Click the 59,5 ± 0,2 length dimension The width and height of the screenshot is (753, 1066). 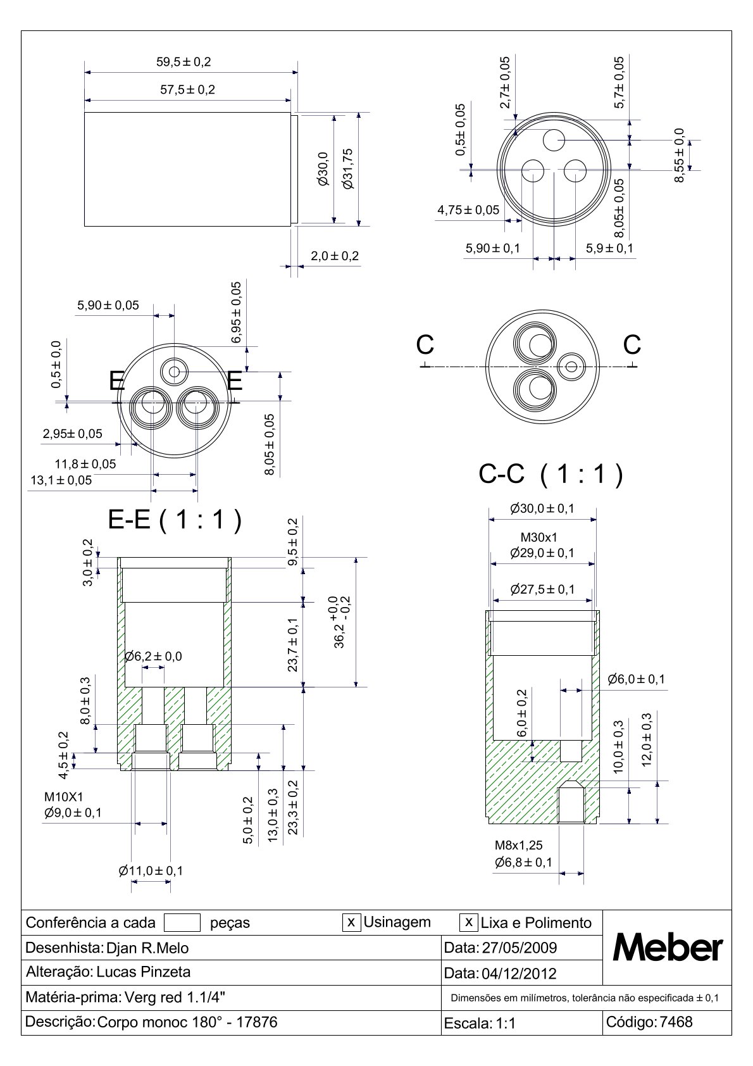pyautogui.click(x=184, y=62)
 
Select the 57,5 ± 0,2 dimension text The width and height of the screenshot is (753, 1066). pyautogui.click(x=187, y=90)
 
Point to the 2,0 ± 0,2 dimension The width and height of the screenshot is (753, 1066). pyautogui.click(x=335, y=256)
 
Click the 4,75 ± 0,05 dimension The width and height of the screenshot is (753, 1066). pyautogui.click(x=468, y=210)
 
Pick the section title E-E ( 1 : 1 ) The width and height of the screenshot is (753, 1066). pyautogui.click(x=175, y=520)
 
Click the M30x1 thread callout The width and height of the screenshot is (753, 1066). pyautogui.click(x=538, y=537)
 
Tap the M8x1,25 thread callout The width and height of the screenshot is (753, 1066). pyautogui.click(x=518, y=845)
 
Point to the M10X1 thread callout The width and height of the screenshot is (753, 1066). pyautogui.click(x=64, y=796)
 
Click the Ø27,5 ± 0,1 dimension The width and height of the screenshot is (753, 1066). pyautogui.click(x=542, y=589)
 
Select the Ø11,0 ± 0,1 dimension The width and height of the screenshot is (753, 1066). pyautogui.click(x=151, y=871)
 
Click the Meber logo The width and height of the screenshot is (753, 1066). pyautogui.click(x=668, y=948)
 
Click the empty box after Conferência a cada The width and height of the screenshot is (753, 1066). pyautogui.click(x=182, y=922)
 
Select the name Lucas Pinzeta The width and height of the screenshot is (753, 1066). pyautogui.click(x=143, y=972)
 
